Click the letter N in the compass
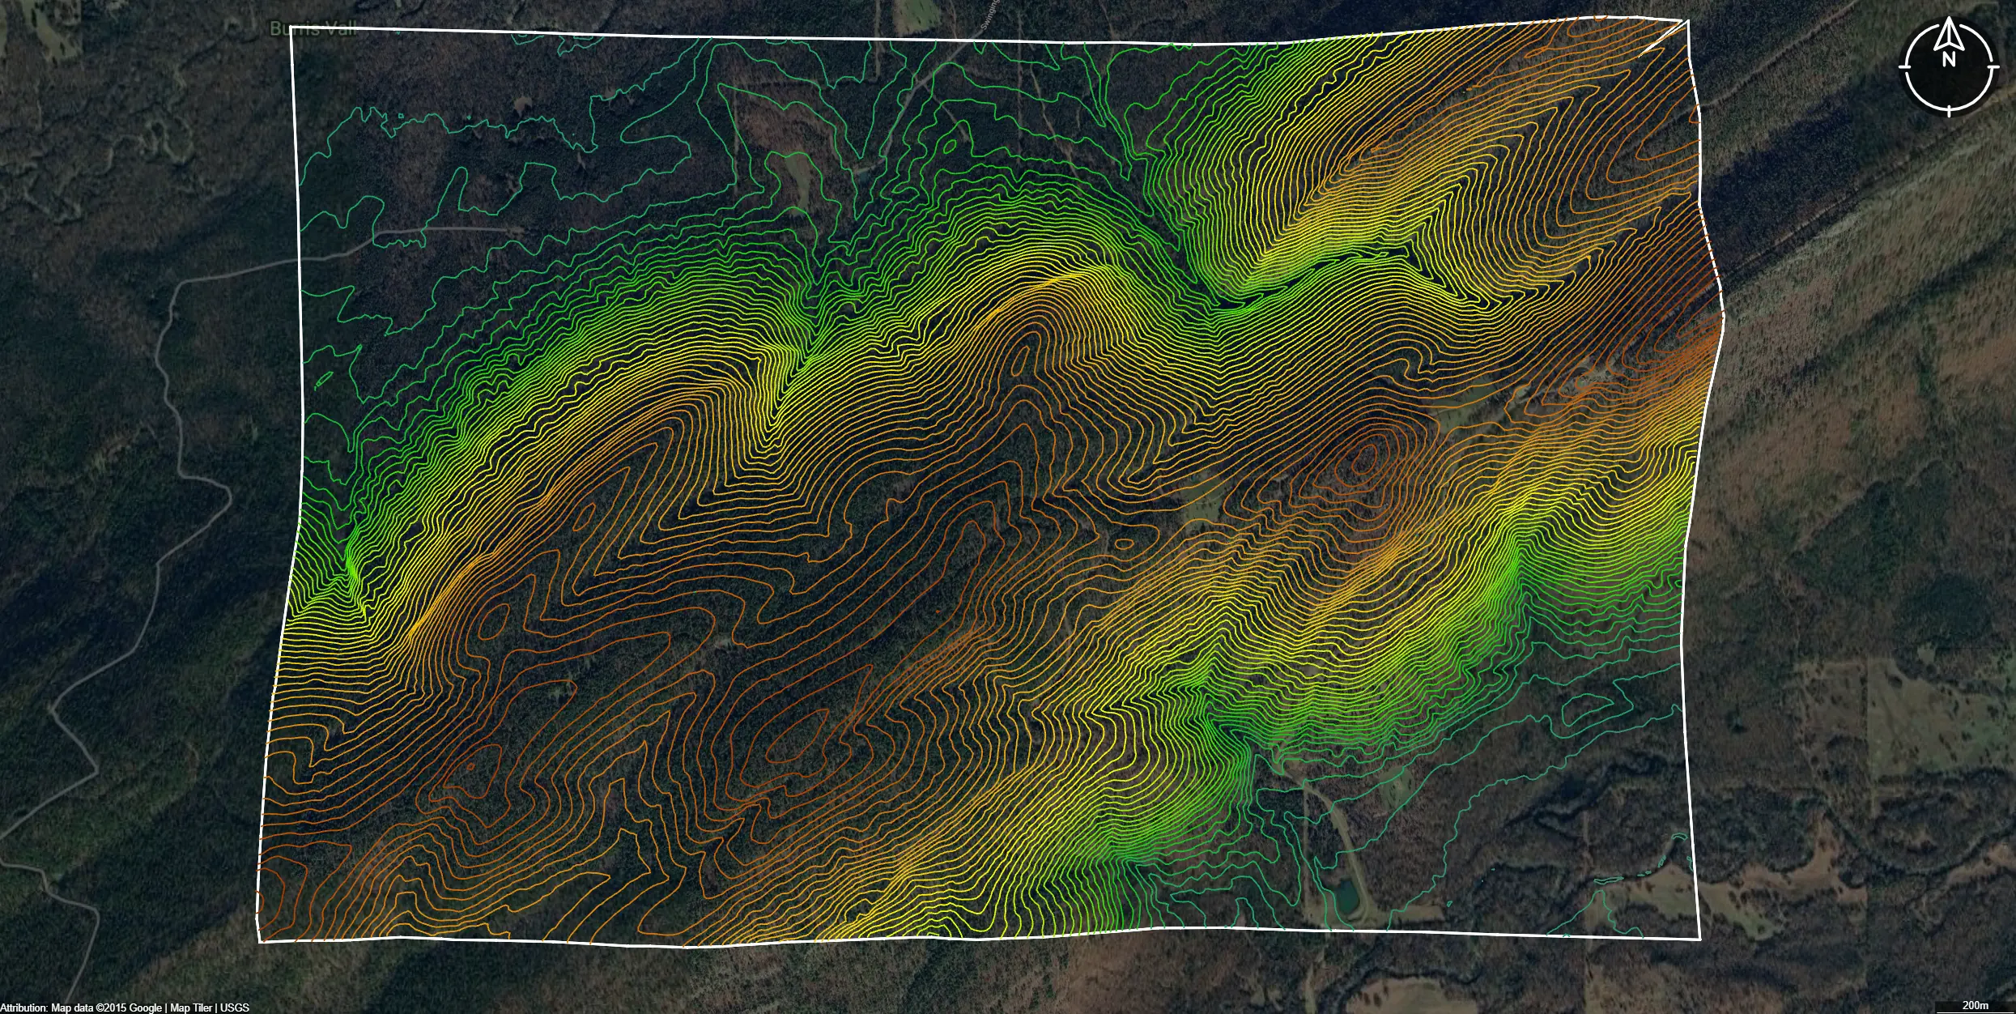pyautogui.click(x=1948, y=59)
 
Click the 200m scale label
pyautogui.click(x=1976, y=1005)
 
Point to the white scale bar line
pyautogui.click(x=1976, y=1012)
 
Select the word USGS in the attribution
pyautogui.click(x=235, y=1008)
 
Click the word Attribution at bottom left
pyautogui.click(x=23, y=1008)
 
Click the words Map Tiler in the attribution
pyautogui.click(x=191, y=1008)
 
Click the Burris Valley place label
pyautogui.click(x=312, y=30)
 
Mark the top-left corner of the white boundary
pyautogui.click(x=291, y=28)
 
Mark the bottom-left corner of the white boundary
pyautogui.click(x=260, y=942)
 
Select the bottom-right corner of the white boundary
pyautogui.click(x=1699, y=939)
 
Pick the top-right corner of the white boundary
pyautogui.click(x=1688, y=20)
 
